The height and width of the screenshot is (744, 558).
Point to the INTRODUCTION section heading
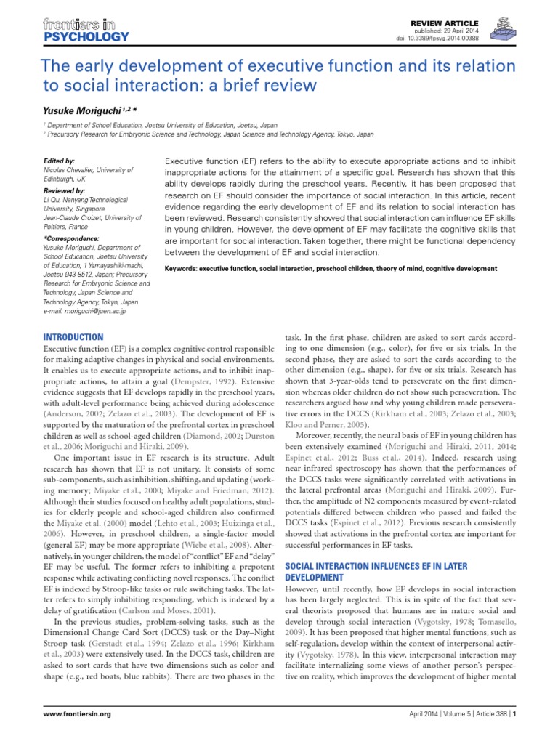pos(74,338)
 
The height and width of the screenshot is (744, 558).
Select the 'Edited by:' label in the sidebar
pos(59,159)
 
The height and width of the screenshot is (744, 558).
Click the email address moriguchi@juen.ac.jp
pos(85,310)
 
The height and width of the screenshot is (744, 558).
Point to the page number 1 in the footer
pos(514,735)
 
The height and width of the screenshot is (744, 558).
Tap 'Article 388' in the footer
pos(488,735)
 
